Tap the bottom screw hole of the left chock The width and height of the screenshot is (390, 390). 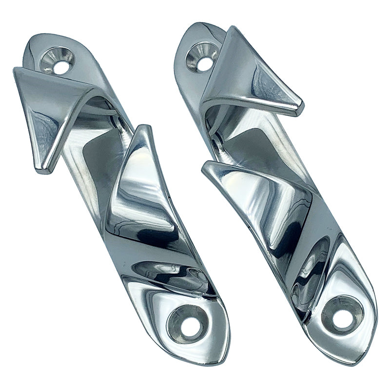[186, 323]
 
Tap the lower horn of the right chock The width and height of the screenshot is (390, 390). [253, 190]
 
